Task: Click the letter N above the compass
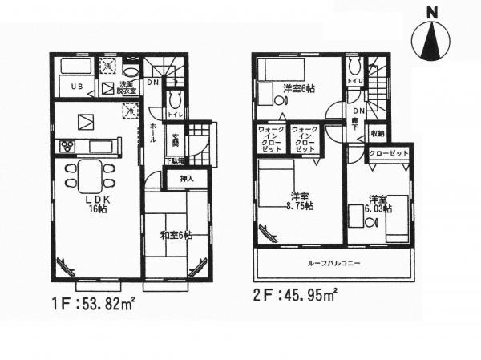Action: (x=431, y=12)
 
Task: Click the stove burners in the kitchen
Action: (x=67, y=146)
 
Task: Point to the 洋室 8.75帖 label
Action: (x=301, y=202)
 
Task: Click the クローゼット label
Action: (x=389, y=153)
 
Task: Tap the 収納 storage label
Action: (x=377, y=133)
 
